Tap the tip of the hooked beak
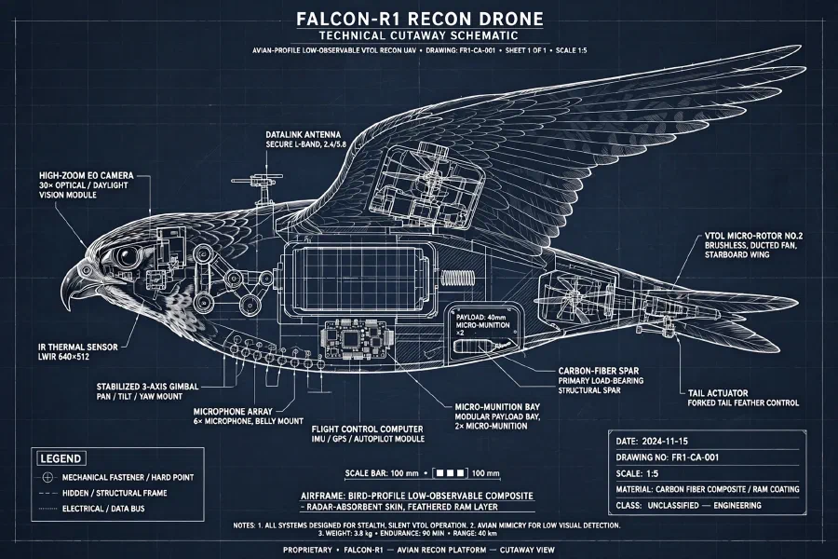(68, 309)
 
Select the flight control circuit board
(357, 340)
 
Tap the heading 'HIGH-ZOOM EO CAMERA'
(87, 175)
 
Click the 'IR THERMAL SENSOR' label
(78, 348)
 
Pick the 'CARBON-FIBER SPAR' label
(598, 371)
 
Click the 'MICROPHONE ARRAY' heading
(233, 412)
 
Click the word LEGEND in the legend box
(61, 458)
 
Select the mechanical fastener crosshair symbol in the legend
(48, 477)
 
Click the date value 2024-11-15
(664, 442)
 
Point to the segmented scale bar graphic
(450, 473)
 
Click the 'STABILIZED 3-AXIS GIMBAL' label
(147, 387)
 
